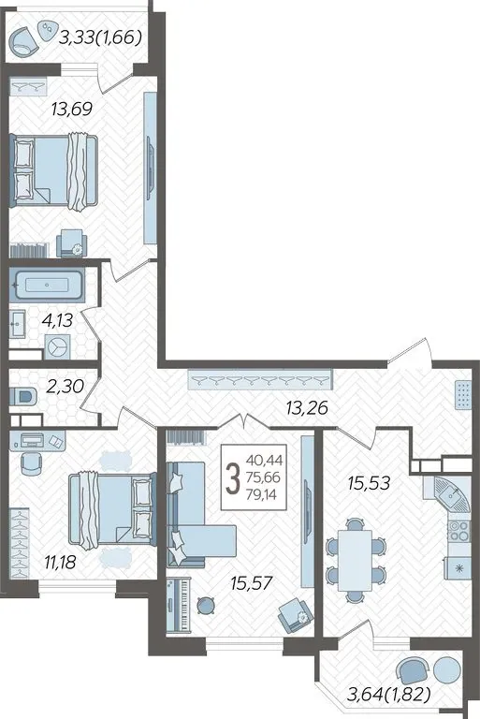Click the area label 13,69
click(72, 110)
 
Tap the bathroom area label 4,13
click(57, 320)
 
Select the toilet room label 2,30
click(65, 386)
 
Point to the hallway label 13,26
click(307, 407)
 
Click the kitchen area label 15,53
click(369, 482)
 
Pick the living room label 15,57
click(252, 583)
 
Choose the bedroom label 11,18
click(60, 562)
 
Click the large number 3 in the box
click(234, 477)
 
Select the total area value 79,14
click(263, 494)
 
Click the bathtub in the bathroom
click(47, 286)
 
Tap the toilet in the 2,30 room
click(23, 397)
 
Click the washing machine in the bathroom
click(58, 346)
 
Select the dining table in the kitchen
click(355, 561)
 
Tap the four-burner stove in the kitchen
click(458, 532)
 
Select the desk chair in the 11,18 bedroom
click(31, 464)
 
